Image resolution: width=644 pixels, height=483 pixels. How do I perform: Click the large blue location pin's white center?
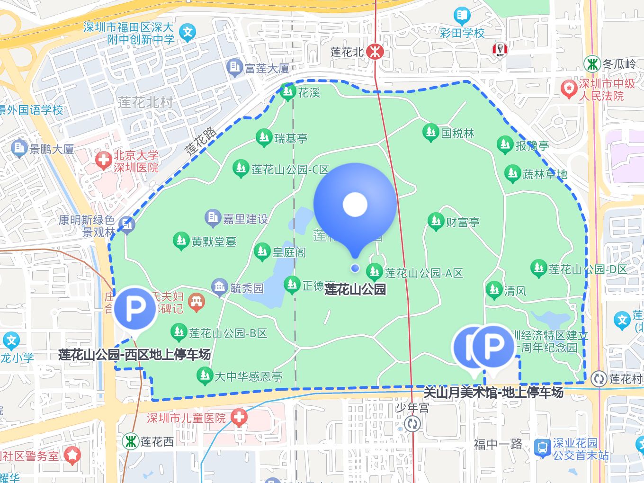pyautogui.click(x=355, y=204)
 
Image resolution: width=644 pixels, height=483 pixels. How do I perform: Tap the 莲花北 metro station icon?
pyautogui.click(x=375, y=52)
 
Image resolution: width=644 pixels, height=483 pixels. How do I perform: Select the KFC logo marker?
pyautogui.click(x=500, y=49)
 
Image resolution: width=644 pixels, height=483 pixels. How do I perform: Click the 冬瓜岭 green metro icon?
pyautogui.click(x=592, y=63)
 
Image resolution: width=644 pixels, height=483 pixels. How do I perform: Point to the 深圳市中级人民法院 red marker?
pyautogui.click(x=568, y=89)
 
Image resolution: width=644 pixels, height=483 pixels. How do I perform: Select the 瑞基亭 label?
pyautogui.click(x=291, y=138)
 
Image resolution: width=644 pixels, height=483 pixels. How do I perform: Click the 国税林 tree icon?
pyautogui.click(x=430, y=133)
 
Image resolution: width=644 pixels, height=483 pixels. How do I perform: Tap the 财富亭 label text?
pyautogui.click(x=462, y=222)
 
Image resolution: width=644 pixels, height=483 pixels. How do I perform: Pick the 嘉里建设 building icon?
pyautogui.click(x=213, y=218)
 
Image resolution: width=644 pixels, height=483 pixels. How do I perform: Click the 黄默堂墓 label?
pyautogui.click(x=214, y=241)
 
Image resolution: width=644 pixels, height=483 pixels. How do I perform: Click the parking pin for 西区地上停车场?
pyautogui.click(x=135, y=309)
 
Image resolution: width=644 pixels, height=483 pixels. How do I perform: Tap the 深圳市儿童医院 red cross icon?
pyautogui.click(x=239, y=417)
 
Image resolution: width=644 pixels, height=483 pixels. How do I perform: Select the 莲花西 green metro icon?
pyautogui.click(x=130, y=441)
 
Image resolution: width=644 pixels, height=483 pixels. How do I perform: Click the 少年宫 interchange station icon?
pyautogui.click(x=412, y=423)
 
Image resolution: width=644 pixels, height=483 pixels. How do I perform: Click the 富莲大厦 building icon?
pyautogui.click(x=234, y=68)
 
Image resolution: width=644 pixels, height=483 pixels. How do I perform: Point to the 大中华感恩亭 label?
pyautogui.click(x=248, y=376)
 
